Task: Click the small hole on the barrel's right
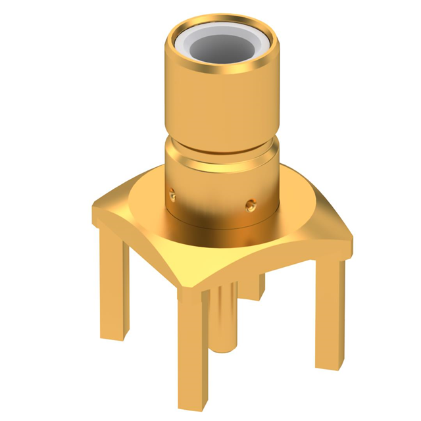click(x=251, y=205)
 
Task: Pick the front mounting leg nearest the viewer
click(x=195, y=349)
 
